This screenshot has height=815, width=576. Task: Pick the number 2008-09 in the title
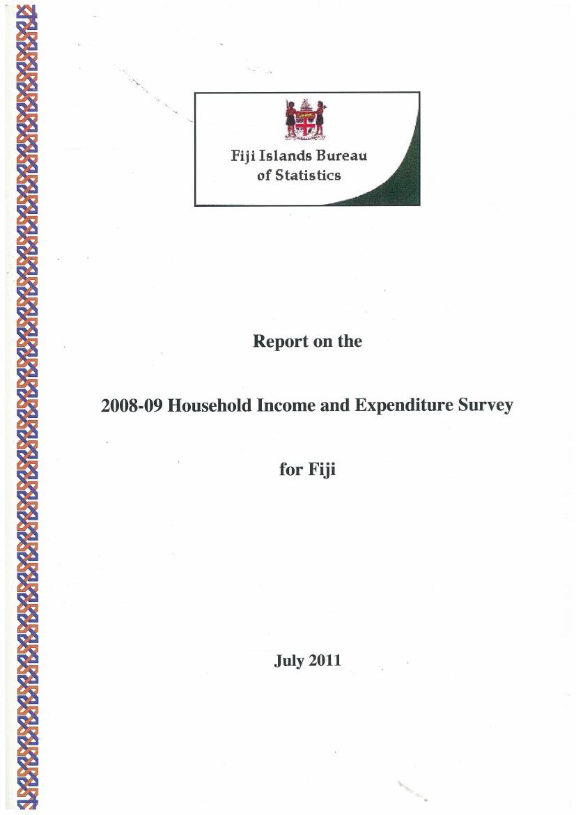pyautogui.click(x=132, y=405)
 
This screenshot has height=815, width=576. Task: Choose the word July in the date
pyautogui.click(x=289, y=660)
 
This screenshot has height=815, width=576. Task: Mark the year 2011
pyautogui.click(x=325, y=660)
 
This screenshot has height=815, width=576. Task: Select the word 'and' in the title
pyautogui.click(x=336, y=405)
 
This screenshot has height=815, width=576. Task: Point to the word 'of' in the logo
pyautogui.click(x=264, y=176)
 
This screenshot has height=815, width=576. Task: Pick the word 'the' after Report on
pyautogui.click(x=349, y=342)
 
